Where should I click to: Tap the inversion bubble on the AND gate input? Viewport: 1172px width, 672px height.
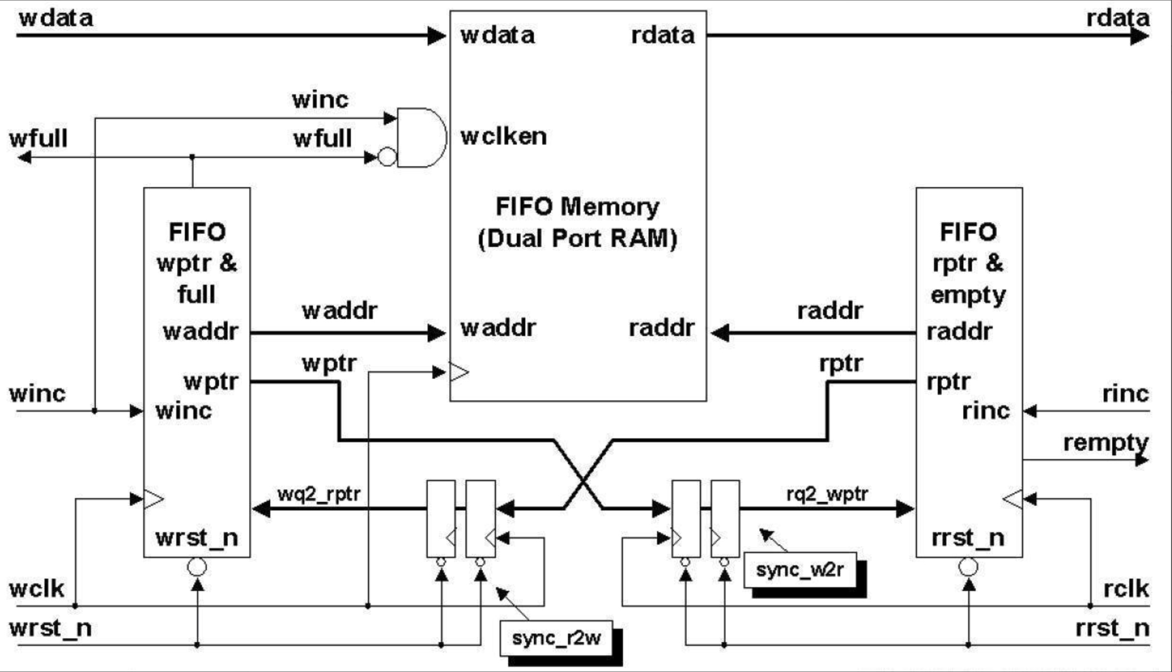387,157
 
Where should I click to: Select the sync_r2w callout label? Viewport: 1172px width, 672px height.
556,638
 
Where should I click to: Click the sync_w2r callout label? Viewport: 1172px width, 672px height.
800,570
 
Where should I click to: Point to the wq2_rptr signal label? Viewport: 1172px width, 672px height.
319,494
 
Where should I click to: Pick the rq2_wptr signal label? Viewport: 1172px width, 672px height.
827,494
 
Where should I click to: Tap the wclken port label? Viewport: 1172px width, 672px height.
504,136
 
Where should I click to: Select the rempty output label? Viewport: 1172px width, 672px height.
1106,444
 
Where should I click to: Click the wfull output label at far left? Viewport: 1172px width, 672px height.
38,138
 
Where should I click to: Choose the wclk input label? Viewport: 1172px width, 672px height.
37,589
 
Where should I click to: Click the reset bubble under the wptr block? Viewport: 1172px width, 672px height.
197,567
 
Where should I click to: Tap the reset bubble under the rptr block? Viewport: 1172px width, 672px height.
968,567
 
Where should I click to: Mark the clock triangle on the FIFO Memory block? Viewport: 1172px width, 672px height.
459,372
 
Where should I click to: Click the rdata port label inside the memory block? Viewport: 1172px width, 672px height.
663,35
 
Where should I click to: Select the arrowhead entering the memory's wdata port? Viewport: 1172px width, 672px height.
437,36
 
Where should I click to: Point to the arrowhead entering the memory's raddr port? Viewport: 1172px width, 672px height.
720,333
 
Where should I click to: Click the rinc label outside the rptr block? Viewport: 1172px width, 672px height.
1126,394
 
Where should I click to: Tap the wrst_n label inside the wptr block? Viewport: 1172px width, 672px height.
197,538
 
